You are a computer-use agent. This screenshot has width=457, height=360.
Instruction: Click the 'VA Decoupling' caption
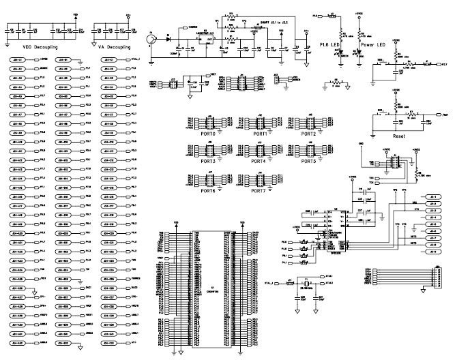tap(113, 48)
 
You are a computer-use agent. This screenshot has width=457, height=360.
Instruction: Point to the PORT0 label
tap(207, 134)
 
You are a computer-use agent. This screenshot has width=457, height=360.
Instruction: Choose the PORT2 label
tap(308, 134)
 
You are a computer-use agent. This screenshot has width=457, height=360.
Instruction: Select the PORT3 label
tap(207, 162)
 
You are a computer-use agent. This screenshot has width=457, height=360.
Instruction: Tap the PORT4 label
tap(259, 162)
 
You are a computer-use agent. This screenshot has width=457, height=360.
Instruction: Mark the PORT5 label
tap(308, 162)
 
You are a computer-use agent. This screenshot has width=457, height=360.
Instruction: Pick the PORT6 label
tap(207, 190)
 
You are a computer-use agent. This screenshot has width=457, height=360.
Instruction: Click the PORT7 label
tap(259, 190)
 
